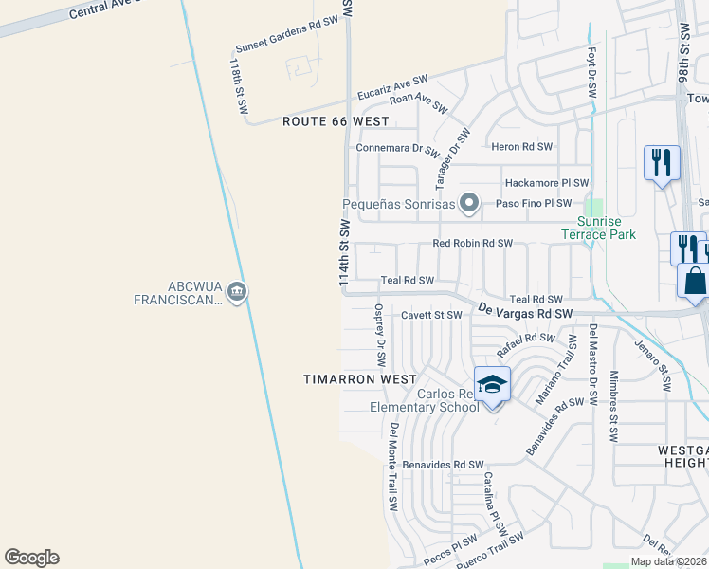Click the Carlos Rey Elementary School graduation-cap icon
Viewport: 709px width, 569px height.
[x=492, y=384]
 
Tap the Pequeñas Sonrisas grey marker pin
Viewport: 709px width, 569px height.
[x=467, y=203]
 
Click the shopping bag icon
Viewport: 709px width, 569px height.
[x=695, y=282]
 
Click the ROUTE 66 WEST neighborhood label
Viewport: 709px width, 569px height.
[x=336, y=121]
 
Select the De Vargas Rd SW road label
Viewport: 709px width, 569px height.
[x=525, y=311]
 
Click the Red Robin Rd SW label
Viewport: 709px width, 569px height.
[x=472, y=244]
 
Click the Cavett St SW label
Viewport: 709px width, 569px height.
[x=431, y=315]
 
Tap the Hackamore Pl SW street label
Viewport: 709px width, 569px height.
[x=547, y=183]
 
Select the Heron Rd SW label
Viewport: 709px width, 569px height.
[x=521, y=146]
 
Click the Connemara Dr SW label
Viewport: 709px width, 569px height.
[x=397, y=148]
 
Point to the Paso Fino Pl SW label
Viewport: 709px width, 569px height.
[x=534, y=203]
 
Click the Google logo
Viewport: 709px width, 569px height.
[x=31, y=558]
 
